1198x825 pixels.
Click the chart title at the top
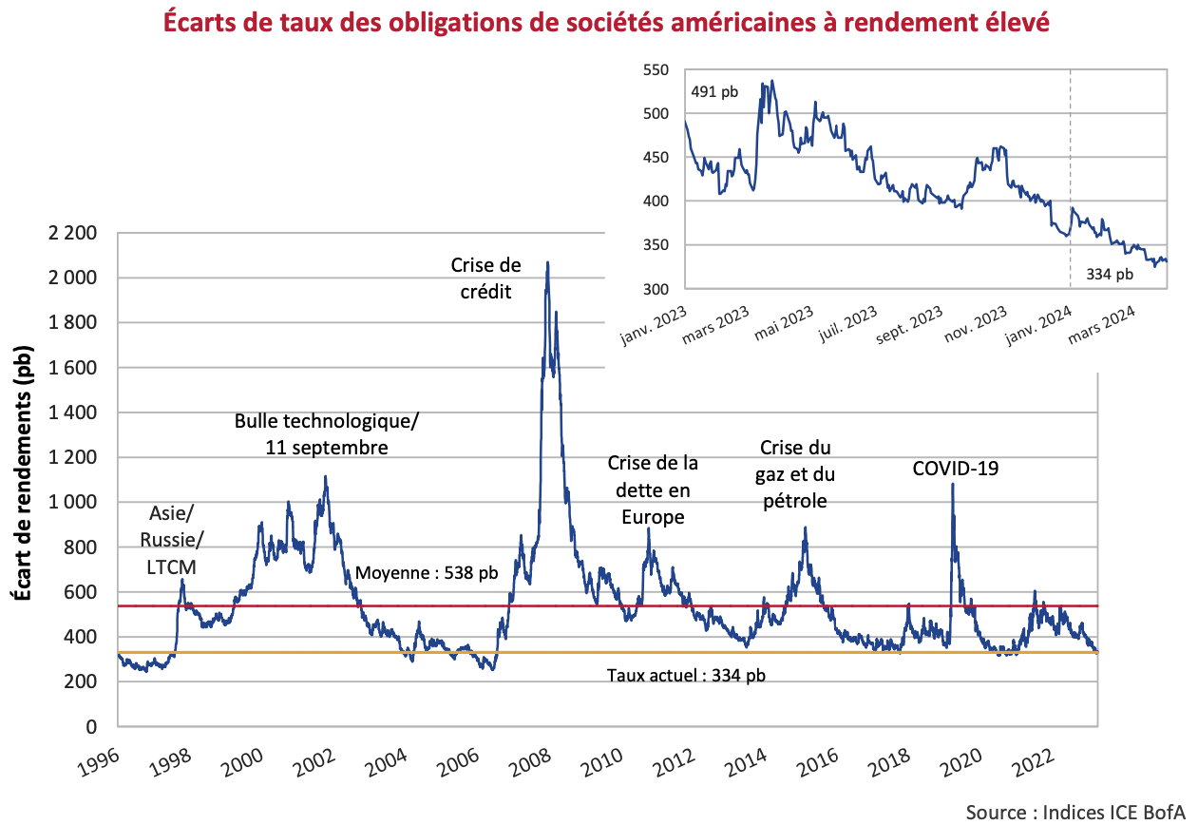tap(606, 22)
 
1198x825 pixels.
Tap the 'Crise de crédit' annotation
tap(485, 278)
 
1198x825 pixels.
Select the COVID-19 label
tap(955, 468)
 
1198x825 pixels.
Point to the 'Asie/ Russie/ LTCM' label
tap(171, 540)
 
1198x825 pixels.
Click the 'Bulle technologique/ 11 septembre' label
tap(325, 433)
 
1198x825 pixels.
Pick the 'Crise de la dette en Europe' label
tap(653, 489)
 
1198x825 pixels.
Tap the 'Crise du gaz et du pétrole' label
tap(795, 473)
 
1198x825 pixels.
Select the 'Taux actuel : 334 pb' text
tap(686, 676)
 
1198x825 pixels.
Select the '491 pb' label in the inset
tap(713, 92)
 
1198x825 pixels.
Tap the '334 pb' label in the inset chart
tap(1109, 275)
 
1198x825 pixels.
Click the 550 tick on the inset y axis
tap(656, 69)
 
